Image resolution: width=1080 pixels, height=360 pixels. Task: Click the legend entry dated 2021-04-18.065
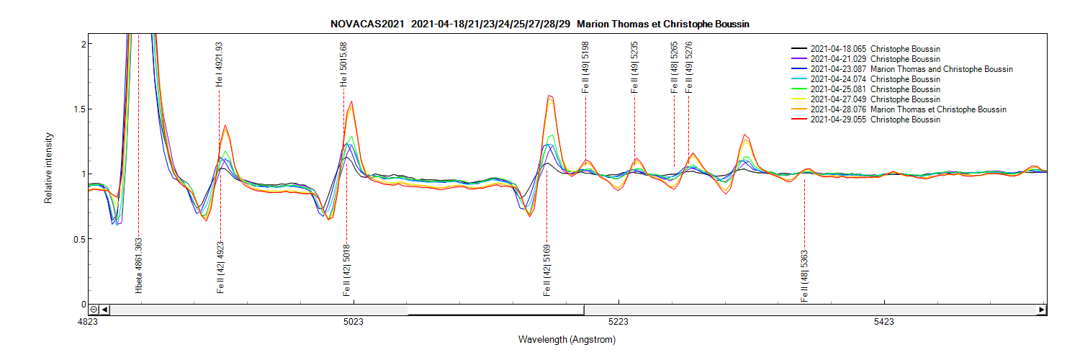pos(875,49)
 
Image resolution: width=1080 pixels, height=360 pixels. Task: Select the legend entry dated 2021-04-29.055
pos(875,120)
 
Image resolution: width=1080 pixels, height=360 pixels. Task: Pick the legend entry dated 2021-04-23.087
pos(911,69)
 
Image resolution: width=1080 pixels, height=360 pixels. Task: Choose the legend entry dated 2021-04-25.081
pos(875,89)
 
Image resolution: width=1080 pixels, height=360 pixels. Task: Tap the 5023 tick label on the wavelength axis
pos(353,322)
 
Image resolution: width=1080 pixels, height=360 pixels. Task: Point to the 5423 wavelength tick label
pos(883,322)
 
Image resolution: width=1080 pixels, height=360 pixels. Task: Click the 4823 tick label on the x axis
pos(88,322)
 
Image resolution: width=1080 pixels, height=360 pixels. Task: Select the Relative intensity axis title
pos(49,167)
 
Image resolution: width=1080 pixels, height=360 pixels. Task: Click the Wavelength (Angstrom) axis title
pos(567,339)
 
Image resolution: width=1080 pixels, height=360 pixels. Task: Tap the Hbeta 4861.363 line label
pos(138,265)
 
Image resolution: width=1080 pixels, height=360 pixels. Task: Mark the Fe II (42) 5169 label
pos(547,271)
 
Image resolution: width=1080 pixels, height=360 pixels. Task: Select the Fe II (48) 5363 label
pos(804,276)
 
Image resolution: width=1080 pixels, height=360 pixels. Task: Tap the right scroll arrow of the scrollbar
pos(1041,310)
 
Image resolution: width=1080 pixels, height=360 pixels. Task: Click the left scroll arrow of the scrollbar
pos(105,310)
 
